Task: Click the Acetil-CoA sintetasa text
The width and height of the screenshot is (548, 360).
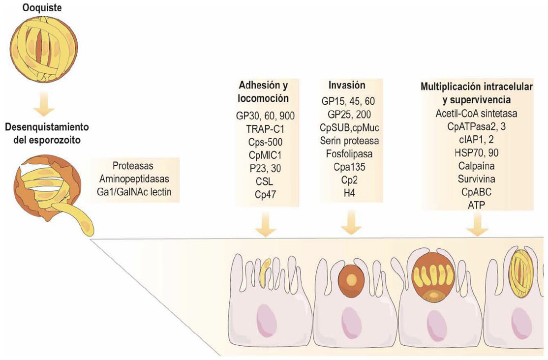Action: click(476, 113)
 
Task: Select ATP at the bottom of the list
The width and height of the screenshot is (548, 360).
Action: click(476, 202)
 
